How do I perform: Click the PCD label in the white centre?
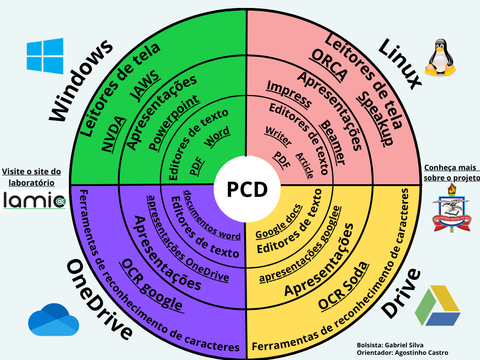point(247,189)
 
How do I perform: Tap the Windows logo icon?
point(45,56)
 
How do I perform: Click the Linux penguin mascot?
point(440,58)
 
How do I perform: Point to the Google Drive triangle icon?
point(437,307)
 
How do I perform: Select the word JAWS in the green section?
point(145,87)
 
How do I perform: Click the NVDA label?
point(114,134)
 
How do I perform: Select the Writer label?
point(278,136)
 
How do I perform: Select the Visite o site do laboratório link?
point(31,177)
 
